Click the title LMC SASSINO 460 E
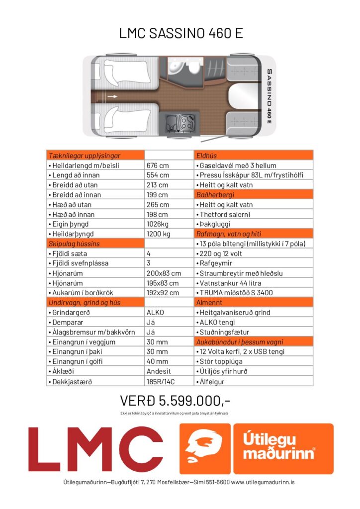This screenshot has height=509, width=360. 180,33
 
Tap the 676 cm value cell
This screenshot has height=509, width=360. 158,165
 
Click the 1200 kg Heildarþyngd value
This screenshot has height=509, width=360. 159,234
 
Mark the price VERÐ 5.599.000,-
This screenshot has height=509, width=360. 175,400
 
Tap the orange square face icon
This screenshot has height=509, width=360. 204,449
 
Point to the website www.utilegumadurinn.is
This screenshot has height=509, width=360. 263,482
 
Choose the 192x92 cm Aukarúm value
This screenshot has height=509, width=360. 161,292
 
